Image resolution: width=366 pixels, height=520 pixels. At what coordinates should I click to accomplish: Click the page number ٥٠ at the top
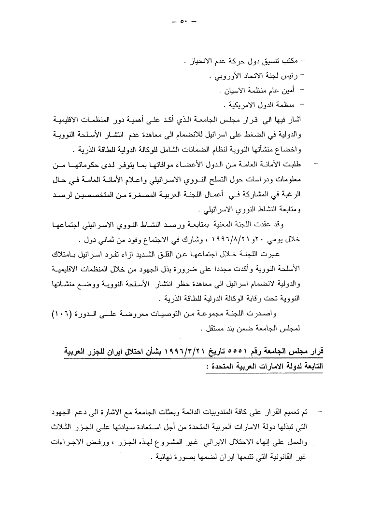(184, 22)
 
